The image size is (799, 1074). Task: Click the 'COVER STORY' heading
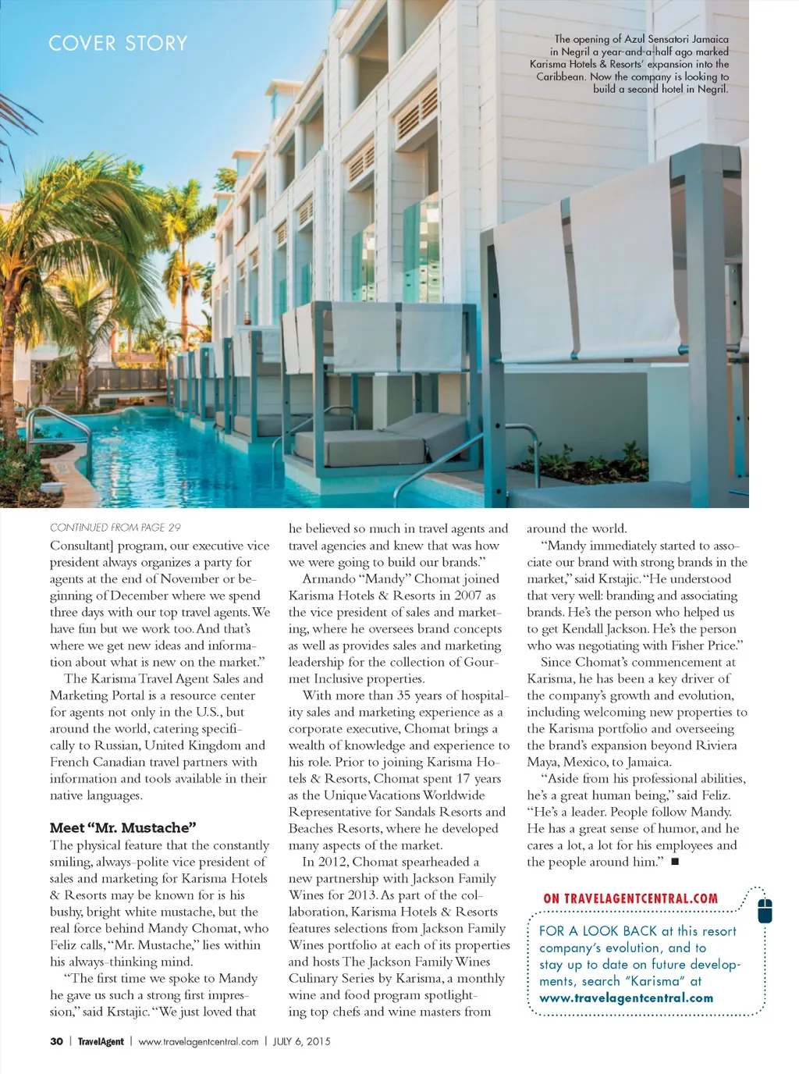[x=118, y=43]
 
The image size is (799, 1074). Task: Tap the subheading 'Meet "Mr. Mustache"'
[x=123, y=827]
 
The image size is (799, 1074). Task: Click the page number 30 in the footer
[x=56, y=1041]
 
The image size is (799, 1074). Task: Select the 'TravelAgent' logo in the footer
[x=101, y=1041]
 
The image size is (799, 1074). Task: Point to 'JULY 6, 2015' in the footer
[x=301, y=1041]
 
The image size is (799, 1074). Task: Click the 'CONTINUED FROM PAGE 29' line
[x=115, y=528]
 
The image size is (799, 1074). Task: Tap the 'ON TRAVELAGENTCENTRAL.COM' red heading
[x=630, y=898]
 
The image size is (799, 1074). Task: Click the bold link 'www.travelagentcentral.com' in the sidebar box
[x=626, y=998]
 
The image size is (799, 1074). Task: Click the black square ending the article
[x=675, y=862]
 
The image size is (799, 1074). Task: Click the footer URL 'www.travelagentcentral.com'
[x=198, y=1041]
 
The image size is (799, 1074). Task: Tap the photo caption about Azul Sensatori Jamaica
[x=630, y=63]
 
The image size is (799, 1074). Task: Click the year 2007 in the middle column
[x=467, y=596]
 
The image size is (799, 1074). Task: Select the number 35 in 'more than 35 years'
[x=403, y=695]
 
